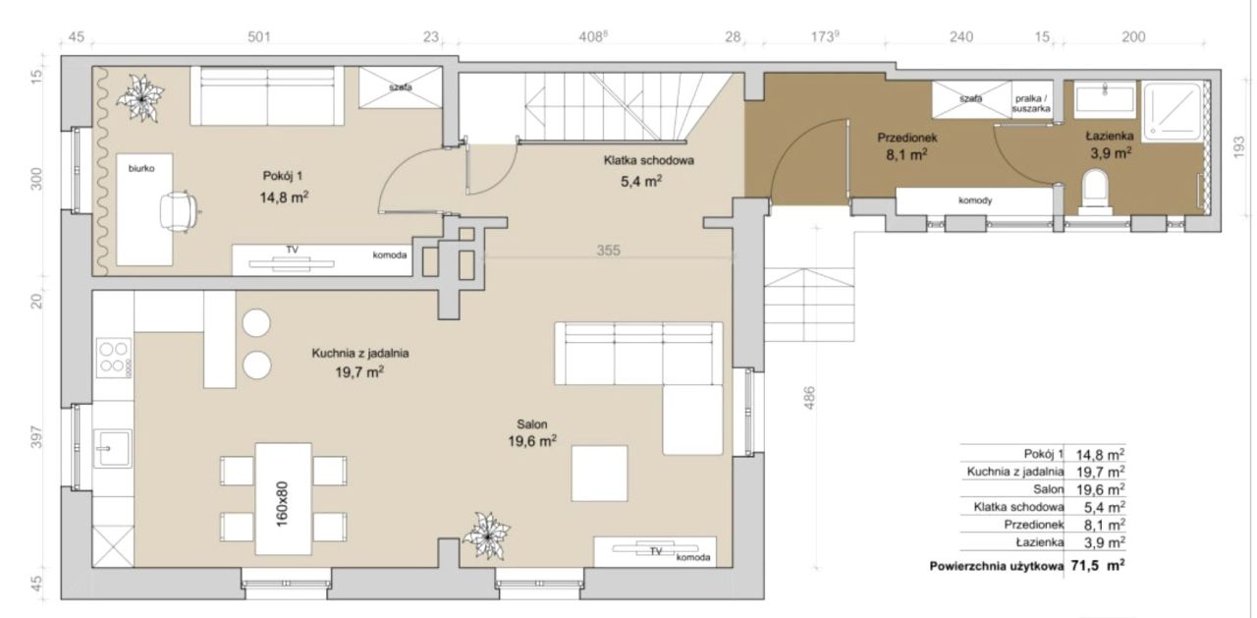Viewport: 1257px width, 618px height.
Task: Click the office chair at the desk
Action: (x=179, y=210)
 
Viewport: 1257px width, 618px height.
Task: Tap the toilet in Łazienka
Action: (x=1095, y=193)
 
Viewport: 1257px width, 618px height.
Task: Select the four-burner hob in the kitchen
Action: (x=114, y=357)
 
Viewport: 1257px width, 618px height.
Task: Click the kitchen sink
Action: (x=113, y=448)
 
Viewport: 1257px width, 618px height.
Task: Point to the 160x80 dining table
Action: (x=284, y=498)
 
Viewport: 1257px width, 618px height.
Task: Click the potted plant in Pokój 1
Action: (x=140, y=99)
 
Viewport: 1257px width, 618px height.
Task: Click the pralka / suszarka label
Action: (x=1031, y=104)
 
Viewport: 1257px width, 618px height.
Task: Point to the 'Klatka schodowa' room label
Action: (x=649, y=160)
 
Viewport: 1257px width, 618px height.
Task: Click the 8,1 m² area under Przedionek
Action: (x=906, y=155)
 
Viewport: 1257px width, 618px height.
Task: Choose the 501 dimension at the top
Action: (x=259, y=37)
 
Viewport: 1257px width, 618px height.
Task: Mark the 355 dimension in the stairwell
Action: (x=608, y=251)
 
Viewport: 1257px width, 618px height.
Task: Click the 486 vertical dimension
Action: (x=808, y=398)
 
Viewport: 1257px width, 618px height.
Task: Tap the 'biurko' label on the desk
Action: (x=141, y=168)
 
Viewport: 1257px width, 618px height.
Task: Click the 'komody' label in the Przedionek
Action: (x=975, y=200)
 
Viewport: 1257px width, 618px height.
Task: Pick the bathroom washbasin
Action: (x=1105, y=100)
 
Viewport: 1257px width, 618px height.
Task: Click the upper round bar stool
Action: (x=256, y=323)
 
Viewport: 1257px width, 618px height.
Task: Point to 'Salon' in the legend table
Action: (x=1048, y=489)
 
